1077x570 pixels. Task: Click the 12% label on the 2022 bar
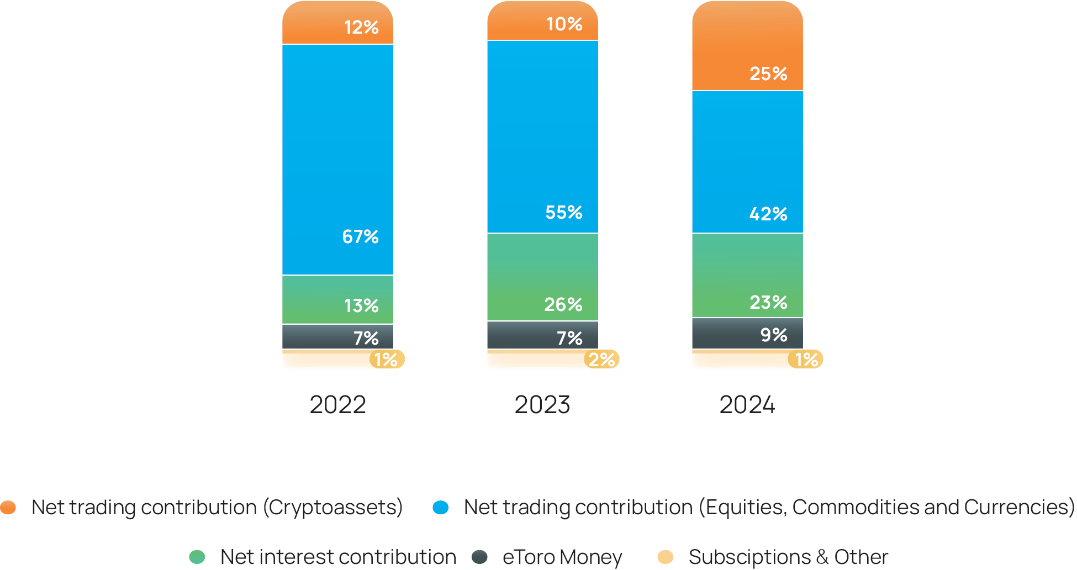[x=361, y=27]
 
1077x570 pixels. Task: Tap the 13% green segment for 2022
[x=337, y=299]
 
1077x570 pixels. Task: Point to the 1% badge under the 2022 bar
[x=387, y=360]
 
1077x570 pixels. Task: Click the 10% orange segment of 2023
[x=542, y=22]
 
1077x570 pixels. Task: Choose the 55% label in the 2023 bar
[x=563, y=213]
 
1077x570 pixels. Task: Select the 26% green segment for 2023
[x=542, y=277]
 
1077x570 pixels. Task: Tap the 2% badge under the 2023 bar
[x=601, y=360]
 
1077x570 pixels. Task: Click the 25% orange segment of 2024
[x=747, y=47]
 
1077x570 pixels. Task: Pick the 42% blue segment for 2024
[x=747, y=161]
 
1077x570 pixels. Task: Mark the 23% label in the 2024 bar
[x=768, y=303]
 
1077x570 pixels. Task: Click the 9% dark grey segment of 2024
[x=747, y=333]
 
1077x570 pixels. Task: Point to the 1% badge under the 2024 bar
[x=806, y=360]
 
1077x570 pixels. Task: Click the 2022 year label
[x=337, y=405]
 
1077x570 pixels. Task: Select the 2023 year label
[x=542, y=405]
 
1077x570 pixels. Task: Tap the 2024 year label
[x=747, y=405]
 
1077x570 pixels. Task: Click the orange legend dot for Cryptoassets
[x=8, y=507]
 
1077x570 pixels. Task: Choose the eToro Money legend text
[x=562, y=557]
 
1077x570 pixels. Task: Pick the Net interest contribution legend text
[x=338, y=557]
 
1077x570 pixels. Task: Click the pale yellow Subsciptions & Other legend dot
[x=666, y=557]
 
